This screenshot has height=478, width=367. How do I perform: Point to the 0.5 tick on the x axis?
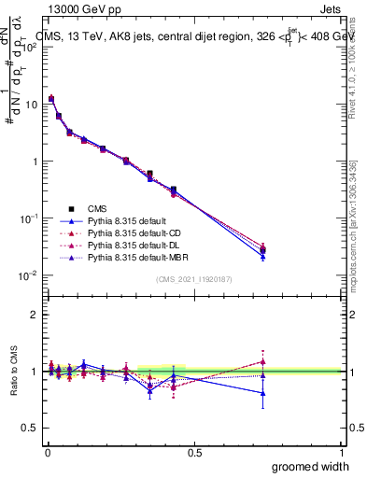(194, 451)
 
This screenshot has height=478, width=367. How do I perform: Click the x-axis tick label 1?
(342, 451)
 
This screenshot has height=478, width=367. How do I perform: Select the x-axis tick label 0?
(47, 451)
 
